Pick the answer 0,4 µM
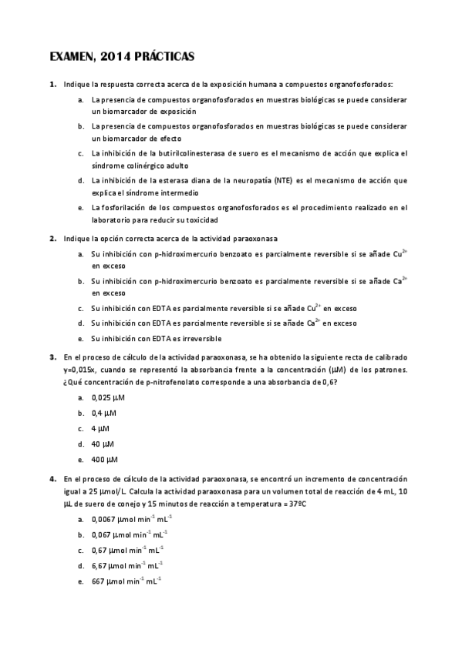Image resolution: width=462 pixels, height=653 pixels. tap(99, 414)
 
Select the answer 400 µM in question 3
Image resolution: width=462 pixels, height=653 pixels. tap(100, 460)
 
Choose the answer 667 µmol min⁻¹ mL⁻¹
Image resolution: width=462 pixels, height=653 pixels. tap(123, 581)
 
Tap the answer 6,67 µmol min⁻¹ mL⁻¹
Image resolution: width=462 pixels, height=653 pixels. tap(126, 565)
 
